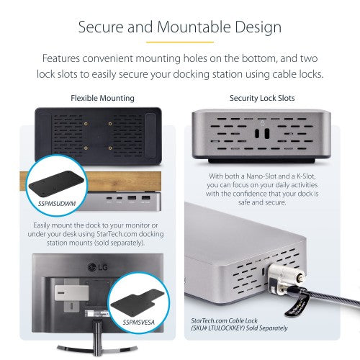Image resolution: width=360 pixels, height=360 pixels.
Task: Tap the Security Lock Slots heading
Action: [261, 98]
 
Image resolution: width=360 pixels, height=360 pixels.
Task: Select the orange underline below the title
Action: [179, 42]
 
